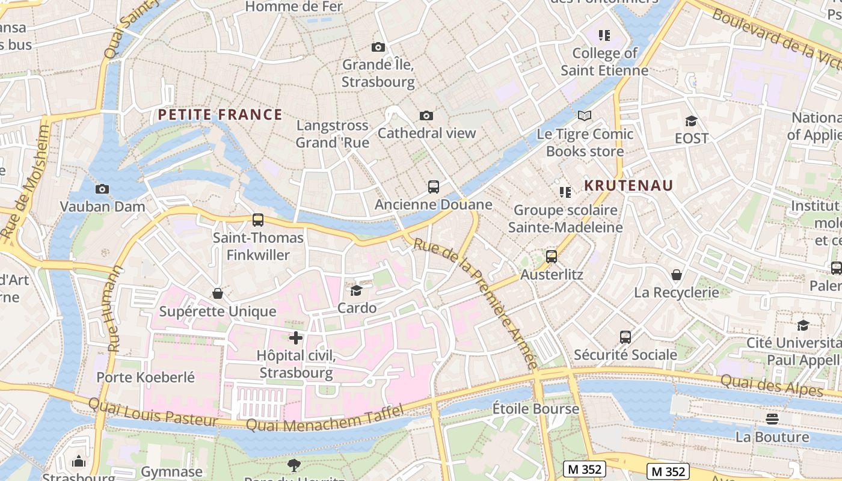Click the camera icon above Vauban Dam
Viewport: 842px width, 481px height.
coord(102,189)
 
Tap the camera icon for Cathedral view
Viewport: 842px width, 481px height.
coord(426,115)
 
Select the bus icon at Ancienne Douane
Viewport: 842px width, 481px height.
coord(434,186)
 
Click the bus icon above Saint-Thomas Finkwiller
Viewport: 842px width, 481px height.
coord(258,220)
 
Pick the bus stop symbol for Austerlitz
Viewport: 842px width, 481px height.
coord(552,257)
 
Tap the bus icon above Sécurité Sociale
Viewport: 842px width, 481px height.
coord(625,337)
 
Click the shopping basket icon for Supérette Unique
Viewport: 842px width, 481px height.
coord(218,293)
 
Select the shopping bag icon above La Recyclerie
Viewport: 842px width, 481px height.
coord(677,275)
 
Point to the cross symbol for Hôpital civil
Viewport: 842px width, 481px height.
coord(295,338)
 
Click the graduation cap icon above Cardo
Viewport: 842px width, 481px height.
coord(357,290)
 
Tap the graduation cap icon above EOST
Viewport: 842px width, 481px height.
coord(691,121)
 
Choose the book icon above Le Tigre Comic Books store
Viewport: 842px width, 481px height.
coord(585,115)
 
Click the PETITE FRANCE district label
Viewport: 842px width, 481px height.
coord(220,114)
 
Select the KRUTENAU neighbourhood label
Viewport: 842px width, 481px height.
coord(628,185)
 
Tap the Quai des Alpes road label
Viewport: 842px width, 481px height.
coord(771,385)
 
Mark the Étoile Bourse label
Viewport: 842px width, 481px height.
coord(535,409)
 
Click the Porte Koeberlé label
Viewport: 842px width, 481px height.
coord(146,378)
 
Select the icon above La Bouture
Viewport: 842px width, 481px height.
coord(772,418)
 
